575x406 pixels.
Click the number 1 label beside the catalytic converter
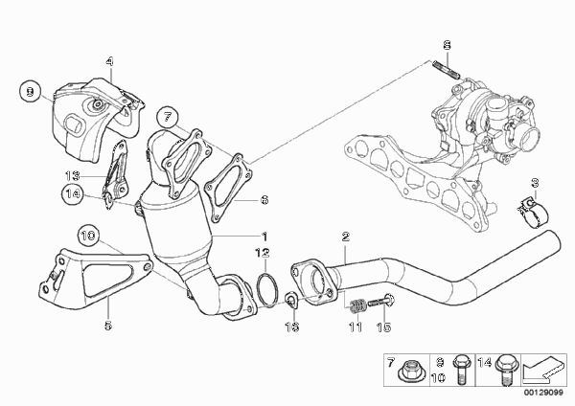click(264, 237)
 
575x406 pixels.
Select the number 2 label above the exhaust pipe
click(345, 237)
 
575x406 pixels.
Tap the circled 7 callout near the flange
click(168, 117)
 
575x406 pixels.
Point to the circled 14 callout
click(73, 193)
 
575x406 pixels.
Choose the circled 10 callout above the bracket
click(88, 236)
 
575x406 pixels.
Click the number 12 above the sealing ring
click(263, 253)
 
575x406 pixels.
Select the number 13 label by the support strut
click(73, 176)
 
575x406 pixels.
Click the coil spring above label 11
click(355, 306)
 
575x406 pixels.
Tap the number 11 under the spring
click(355, 327)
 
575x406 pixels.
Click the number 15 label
click(383, 327)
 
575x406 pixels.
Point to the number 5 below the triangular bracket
click(107, 325)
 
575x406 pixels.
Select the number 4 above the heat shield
click(109, 61)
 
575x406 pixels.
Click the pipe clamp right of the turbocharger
click(533, 214)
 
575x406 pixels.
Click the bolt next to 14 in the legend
click(506, 370)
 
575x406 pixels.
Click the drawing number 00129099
click(543, 393)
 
